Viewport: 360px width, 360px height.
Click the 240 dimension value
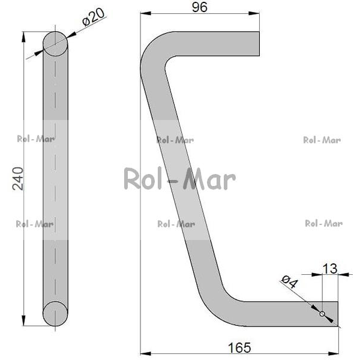tap(18, 179)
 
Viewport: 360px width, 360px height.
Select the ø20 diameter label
tap(94, 17)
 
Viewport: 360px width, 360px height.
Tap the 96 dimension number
tap(200, 7)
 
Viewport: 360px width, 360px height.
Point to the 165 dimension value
tap(239, 347)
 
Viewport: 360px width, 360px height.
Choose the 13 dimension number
tap(330, 269)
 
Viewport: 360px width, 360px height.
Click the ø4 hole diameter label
tap(290, 281)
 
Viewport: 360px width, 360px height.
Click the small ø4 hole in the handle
tap(322, 314)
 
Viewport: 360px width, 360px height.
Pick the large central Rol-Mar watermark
tap(180, 179)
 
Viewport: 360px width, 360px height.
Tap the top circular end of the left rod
tap(55, 44)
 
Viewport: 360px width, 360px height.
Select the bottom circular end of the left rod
tap(55, 314)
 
